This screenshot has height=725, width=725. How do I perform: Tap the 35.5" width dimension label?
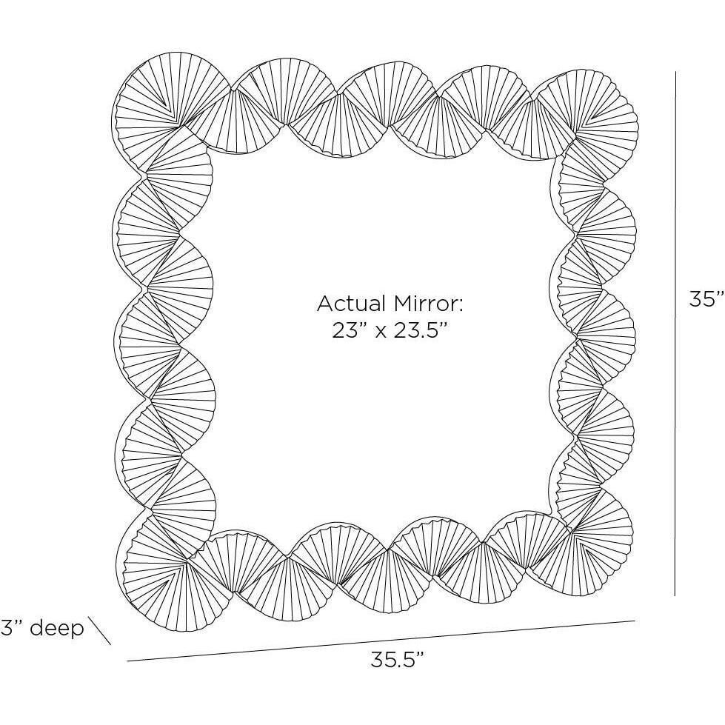point(397,659)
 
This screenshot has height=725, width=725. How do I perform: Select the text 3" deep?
point(42,628)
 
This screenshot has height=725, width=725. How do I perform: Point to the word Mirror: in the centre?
point(428,304)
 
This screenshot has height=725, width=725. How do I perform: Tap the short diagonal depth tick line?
point(100,631)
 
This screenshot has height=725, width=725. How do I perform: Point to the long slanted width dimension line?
point(381,641)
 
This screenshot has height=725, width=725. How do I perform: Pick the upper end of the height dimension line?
point(675,84)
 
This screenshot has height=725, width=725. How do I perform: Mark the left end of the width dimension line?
point(127,662)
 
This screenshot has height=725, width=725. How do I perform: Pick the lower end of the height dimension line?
point(675,595)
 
